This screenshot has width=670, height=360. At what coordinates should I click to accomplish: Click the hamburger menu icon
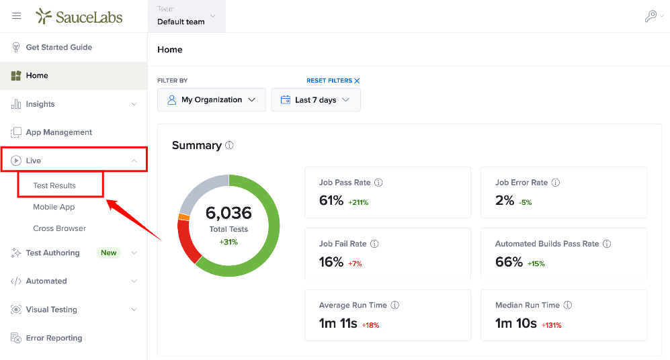(16, 16)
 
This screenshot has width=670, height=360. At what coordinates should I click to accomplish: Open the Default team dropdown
(187, 16)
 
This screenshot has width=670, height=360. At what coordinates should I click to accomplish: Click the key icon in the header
(651, 16)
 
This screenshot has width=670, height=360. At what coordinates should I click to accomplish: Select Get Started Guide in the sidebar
(59, 47)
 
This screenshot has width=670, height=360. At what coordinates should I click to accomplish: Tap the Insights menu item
(40, 104)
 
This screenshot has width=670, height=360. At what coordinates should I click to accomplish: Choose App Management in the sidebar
(59, 132)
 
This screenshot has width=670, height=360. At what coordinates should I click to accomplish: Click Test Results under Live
(54, 185)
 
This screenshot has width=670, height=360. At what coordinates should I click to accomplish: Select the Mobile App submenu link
(54, 207)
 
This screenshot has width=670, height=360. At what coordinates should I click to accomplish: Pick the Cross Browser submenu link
(59, 228)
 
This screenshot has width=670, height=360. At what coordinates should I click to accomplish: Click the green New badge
(109, 253)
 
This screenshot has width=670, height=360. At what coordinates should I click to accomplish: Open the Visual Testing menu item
(51, 309)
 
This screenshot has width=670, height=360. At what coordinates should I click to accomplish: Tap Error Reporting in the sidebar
(54, 338)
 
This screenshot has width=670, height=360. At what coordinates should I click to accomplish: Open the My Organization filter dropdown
(212, 100)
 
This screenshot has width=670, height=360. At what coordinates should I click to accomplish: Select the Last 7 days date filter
(316, 100)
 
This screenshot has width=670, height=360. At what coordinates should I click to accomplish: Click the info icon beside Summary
(229, 145)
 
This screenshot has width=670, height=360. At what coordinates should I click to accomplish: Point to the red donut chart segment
(185, 242)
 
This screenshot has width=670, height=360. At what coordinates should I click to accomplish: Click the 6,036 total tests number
(228, 213)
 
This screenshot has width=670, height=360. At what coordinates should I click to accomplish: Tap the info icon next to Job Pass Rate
(378, 182)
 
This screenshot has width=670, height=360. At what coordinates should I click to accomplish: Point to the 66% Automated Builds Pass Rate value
(509, 261)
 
